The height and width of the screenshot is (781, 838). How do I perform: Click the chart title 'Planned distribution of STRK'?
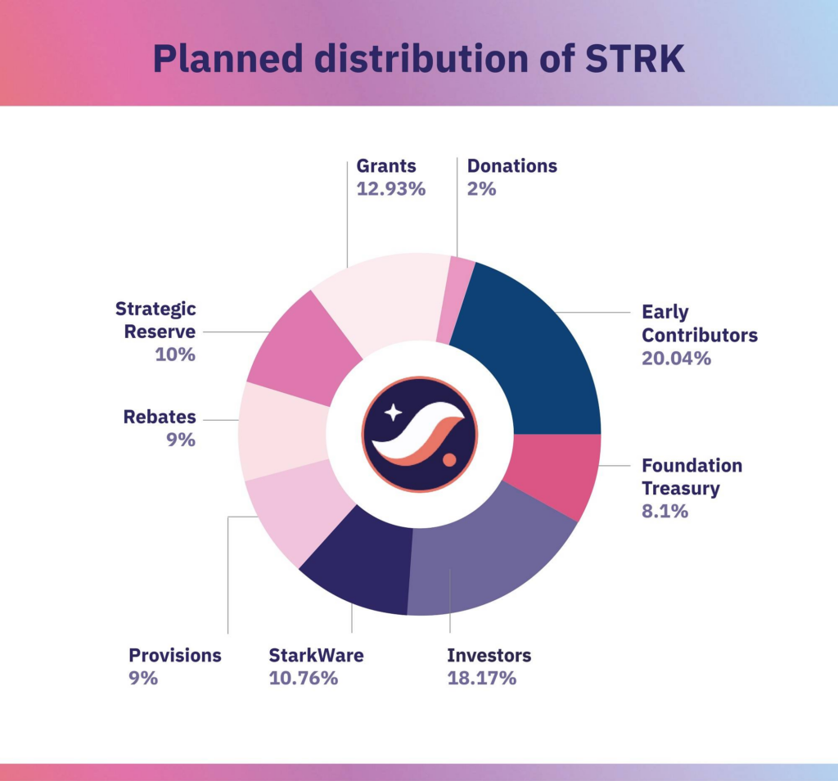click(418, 59)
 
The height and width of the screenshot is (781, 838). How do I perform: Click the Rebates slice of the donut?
click(283, 431)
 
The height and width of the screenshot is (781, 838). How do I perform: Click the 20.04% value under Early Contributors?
click(676, 358)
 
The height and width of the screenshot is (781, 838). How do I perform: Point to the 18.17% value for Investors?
click(481, 678)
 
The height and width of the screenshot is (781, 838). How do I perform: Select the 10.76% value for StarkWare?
click(303, 678)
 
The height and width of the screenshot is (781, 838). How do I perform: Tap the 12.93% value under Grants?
click(391, 188)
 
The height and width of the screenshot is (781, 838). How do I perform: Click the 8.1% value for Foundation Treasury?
click(665, 512)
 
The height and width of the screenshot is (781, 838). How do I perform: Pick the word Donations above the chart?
click(511, 166)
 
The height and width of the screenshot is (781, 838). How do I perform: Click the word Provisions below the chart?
click(175, 655)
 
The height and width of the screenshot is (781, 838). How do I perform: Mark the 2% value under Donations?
click(482, 188)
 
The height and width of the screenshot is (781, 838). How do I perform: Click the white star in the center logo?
click(393, 412)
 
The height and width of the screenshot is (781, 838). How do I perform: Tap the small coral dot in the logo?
click(449, 461)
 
